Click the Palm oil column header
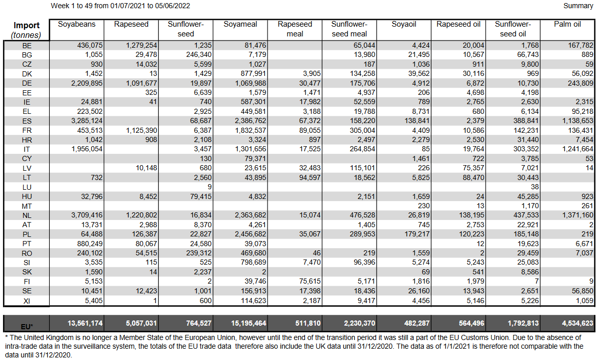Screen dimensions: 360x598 click(567, 24)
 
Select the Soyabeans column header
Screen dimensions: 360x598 click(76, 24)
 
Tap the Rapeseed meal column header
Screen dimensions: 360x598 click(295, 29)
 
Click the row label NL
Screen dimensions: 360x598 click(27, 215)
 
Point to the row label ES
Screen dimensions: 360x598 click(27, 121)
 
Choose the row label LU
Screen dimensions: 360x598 click(27, 187)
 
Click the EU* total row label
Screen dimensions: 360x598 click(27, 326)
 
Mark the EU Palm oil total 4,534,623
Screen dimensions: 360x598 click(574, 324)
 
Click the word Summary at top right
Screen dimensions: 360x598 click(578, 6)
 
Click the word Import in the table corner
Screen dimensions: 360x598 click(27, 26)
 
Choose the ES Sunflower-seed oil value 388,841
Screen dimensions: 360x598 click(522, 121)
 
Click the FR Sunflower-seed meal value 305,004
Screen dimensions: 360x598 click(360, 130)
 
